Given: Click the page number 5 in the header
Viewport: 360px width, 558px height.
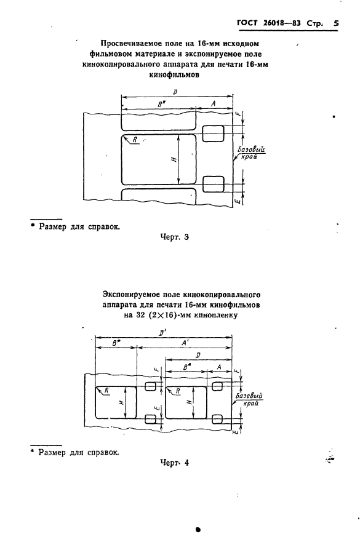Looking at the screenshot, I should point(336,24).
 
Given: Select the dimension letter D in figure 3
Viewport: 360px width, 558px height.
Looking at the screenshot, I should point(176,92).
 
